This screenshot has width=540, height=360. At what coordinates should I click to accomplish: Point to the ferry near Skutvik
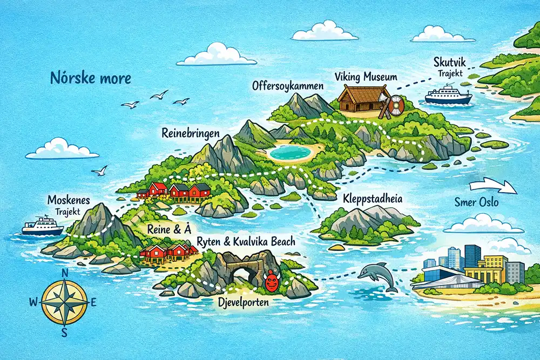(x=448, y=96)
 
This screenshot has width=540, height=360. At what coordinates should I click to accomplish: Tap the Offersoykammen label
(x=288, y=86)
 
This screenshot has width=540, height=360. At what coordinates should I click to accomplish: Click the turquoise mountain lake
(x=292, y=152)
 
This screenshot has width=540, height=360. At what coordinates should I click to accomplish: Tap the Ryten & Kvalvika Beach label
(x=247, y=241)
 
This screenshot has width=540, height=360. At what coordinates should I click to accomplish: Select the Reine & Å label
(x=167, y=229)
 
